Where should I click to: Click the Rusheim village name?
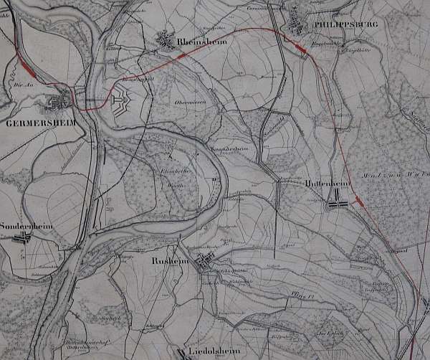[x=169, y=263]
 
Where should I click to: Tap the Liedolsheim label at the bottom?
[x=213, y=351]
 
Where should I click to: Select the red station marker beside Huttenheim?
[x=361, y=204]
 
